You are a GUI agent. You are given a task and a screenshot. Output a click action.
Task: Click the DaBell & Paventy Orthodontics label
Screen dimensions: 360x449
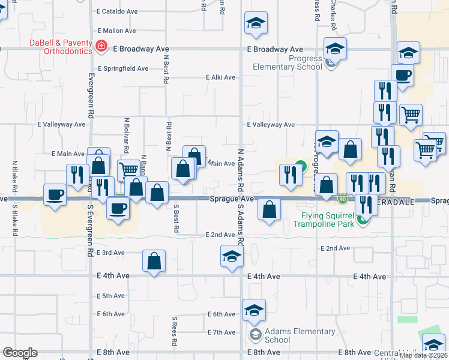[x=61, y=47]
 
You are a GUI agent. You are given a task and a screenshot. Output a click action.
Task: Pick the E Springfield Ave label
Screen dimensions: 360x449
[x=122, y=68]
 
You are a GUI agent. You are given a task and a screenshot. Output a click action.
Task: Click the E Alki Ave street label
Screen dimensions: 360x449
[x=218, y=77]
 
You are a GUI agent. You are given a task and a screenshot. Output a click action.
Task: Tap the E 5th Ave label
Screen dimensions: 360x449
[x=110, y=296]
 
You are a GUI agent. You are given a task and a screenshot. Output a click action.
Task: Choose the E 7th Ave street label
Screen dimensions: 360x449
[x=221, y=332]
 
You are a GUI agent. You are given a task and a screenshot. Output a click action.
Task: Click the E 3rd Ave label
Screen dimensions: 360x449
[x=110, y=253]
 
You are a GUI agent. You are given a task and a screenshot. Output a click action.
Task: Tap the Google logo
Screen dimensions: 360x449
[x=20, y=353]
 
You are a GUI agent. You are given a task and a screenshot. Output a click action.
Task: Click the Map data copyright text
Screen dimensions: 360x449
[x=423, y=355]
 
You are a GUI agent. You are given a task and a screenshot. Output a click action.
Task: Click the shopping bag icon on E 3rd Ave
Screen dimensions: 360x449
[x=154, y=260]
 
